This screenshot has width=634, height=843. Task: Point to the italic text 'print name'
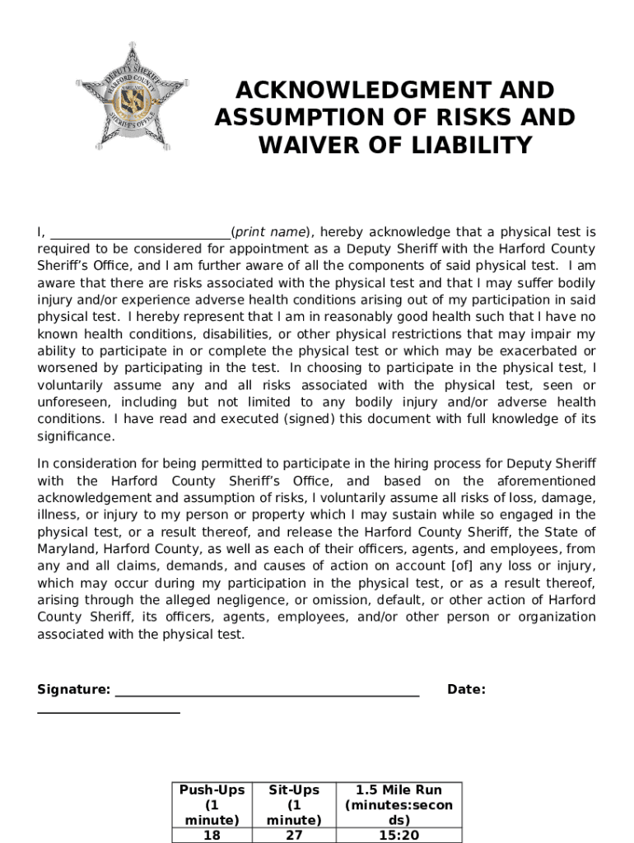point(270,232)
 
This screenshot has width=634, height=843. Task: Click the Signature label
point(73,690)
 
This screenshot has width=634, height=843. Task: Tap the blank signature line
point(267,692)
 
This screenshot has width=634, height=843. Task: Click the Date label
point(466,690)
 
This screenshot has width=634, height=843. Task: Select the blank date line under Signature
point(108,710)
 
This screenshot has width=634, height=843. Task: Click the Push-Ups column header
point(212,804)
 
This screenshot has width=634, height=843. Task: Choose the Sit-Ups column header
point(294,804)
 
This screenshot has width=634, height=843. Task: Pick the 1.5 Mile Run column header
point(399,804)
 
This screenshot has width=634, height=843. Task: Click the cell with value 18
point(212,835)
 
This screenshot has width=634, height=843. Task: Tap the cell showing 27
point(294,835)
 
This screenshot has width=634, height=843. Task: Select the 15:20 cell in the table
point(399,835)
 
